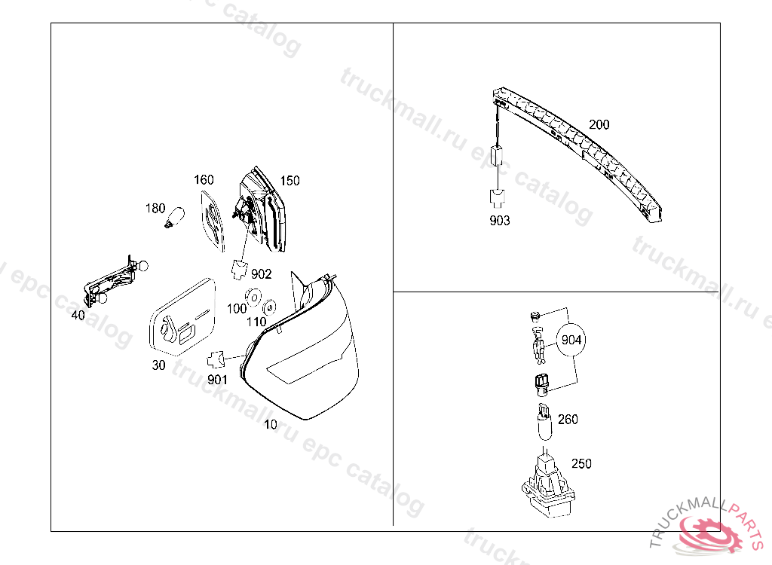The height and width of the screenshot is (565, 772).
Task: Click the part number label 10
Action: click(270, 425)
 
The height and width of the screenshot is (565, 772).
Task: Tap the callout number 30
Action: click(158, 365)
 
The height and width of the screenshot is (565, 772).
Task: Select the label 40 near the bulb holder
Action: click(78, 316)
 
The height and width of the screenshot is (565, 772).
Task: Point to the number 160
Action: click(204, 180)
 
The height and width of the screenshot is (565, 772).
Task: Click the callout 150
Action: click(289, 181)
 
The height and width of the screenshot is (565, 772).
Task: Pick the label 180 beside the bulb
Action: click(155, 208)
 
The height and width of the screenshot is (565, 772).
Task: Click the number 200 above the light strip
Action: click(599, 125)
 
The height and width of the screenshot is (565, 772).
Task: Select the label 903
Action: click(499, 221)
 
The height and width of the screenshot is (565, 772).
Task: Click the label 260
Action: click(568, 420)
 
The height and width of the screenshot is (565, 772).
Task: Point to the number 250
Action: click(581, 463)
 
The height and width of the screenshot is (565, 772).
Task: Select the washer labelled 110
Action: click(268, 307)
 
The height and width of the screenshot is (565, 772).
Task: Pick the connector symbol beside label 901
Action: click(219, 359)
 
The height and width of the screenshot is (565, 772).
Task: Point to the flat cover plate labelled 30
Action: click(182, 316)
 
